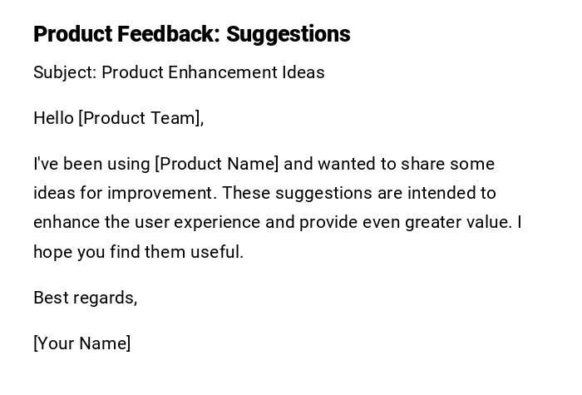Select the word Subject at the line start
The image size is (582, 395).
coord(65,73)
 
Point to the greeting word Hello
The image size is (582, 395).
coord(53,118)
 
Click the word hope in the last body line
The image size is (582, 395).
coord(52,253)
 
